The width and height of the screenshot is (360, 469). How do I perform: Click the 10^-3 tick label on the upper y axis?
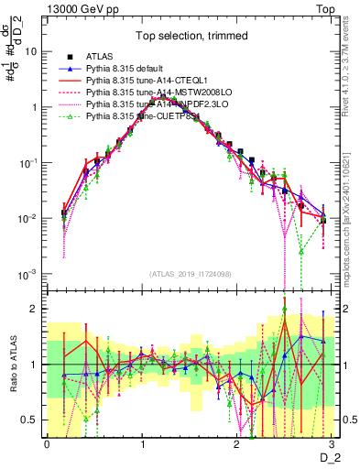pos(27,275)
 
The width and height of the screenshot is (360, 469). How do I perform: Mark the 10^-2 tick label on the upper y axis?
pos(27,219)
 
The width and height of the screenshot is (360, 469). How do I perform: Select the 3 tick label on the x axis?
pos(333,444)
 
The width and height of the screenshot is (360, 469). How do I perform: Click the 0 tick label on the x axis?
pos(47,444)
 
